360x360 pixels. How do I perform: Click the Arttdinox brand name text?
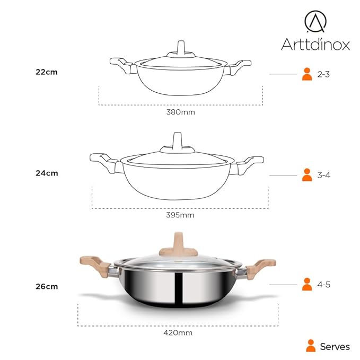pyautogui.click(x=315, y=44)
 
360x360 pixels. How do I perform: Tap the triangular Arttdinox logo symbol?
pyautogui.click(x=315, y=21)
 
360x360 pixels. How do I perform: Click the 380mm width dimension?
pyautogui.click(x=180, y=112)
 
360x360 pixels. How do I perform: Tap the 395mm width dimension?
pyautogui.click(x=180, y=215)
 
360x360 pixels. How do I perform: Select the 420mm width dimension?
pyautogui.click(x=178, y=333)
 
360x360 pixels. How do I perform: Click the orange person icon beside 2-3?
pyautogui.click(x=306, y=74)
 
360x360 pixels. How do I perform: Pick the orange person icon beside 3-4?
pyautogui.click(x=306, y=174)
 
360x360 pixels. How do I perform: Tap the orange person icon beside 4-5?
pyautogui.click(x=306, y=284)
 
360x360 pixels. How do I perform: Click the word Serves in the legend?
pyautogui.click(x=335, y=347)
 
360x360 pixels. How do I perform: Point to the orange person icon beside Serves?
pyautogui.click(x=311, y=346)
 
